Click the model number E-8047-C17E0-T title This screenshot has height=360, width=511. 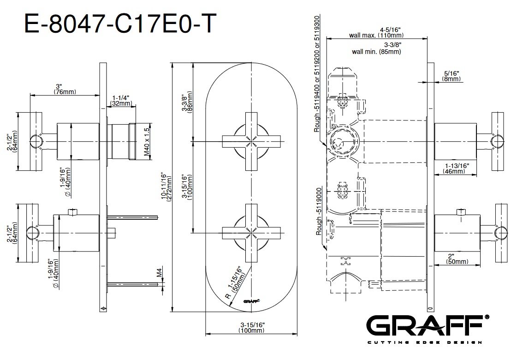120,24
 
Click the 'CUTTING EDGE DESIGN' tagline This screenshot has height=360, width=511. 425,342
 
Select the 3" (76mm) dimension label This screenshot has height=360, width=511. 65,89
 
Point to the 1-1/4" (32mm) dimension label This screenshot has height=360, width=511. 121,101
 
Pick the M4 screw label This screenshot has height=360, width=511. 160,273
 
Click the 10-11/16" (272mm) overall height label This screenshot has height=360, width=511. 166,188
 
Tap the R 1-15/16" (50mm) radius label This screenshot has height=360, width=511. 235,282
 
